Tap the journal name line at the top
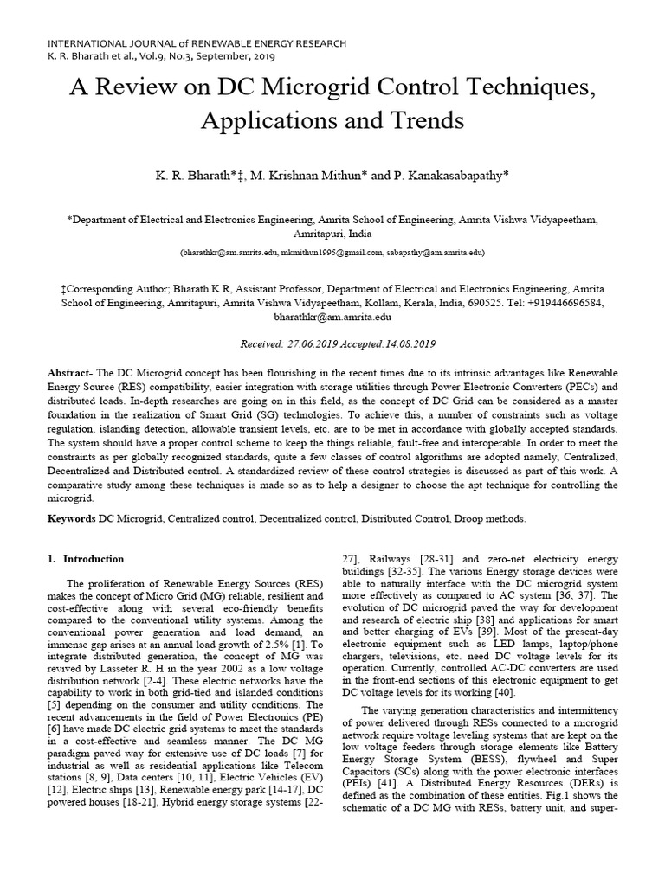197,42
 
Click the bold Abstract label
70,371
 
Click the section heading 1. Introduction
86,559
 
